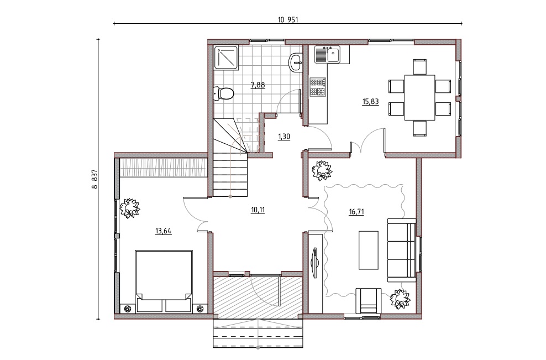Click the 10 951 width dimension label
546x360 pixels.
[287, 20]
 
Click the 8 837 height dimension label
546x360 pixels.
[95, 179]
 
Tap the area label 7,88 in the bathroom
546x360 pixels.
[258, 85]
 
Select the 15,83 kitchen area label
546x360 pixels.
[370, 101]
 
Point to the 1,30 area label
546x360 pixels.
[284, 137]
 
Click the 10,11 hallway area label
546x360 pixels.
[258, 210]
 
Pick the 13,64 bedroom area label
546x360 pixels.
[164, 231]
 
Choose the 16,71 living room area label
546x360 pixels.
[356, 212]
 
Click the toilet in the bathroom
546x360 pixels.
[223, 93]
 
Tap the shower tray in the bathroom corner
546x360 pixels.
[227, 58]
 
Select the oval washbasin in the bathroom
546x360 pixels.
[296, 62]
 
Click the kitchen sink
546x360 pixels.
[328, 55]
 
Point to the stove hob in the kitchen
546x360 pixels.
[318, 87]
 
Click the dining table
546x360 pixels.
[419, 97]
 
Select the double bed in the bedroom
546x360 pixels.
[164, 281]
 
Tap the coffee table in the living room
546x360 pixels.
[369, 250]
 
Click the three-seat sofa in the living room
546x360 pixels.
[402, 250]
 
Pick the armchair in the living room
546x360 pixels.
[369, 300]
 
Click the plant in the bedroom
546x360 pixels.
[130, 208]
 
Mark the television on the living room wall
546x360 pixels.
[315, 263]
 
